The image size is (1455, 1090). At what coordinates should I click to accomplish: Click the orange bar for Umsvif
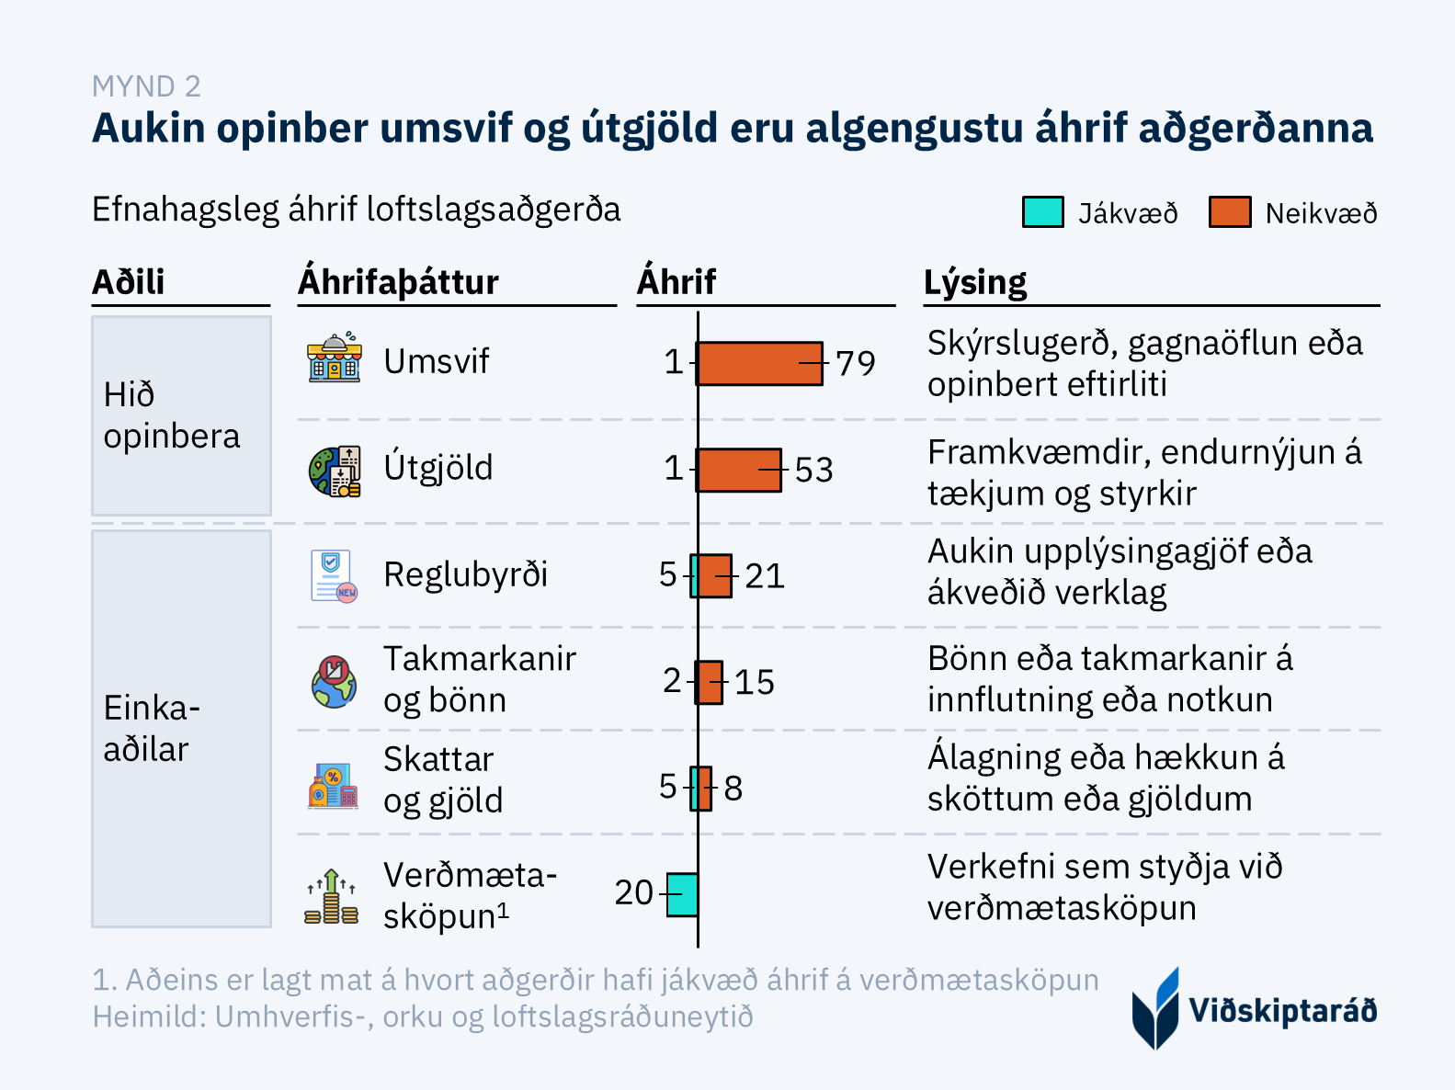pyautogui.click(x=760, y=363)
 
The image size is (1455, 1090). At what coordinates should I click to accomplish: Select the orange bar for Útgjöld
pyautogui.click(x=740, y=470)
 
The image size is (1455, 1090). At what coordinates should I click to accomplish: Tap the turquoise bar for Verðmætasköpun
pyautogui.click(x=682, y=894)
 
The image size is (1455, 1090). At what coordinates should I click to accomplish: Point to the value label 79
pyautogui.click(x=856, y=363)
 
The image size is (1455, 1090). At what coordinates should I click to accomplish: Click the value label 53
pyautogui.click(x=813, y=470)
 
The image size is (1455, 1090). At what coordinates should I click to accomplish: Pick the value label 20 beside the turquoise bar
pyautogui.click(x=634, y=892)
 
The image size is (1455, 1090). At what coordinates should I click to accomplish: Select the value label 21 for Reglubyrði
pyautogui.click(x=765, y=576)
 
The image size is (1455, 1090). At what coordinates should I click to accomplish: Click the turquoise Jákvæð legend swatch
pyautogui.click(x=1043, y=212)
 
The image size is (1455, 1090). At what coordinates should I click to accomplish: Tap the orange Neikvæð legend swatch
pyautogui.click(x=1230, y=212)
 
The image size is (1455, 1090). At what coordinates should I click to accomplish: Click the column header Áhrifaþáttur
pyautogui.click(x=398, y=282)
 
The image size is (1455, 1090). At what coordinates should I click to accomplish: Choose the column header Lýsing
pyautogui.click(x=975, y=282)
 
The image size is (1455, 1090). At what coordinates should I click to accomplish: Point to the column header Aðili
pyautogui.click(x=129, y=282)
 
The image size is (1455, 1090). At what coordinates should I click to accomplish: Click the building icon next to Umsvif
pyautogui.click(x=335, y=358)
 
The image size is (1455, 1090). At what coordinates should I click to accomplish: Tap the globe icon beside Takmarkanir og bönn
pyautogui.click(x=334, y=682)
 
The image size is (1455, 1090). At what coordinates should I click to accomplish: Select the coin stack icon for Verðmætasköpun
pyautogui.click(x=332, y=896)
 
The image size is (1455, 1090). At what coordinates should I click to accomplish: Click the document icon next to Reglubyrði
pyautogui.click(x=333, y=576)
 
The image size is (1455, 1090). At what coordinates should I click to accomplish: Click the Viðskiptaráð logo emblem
pyautogui.click(x=1155, y=1008)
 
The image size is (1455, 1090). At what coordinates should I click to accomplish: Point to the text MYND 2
pyautogui.click(x=146, y=86)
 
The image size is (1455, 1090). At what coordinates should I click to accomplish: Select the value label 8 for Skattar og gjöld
pyautogui.click(x=733, y=789)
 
